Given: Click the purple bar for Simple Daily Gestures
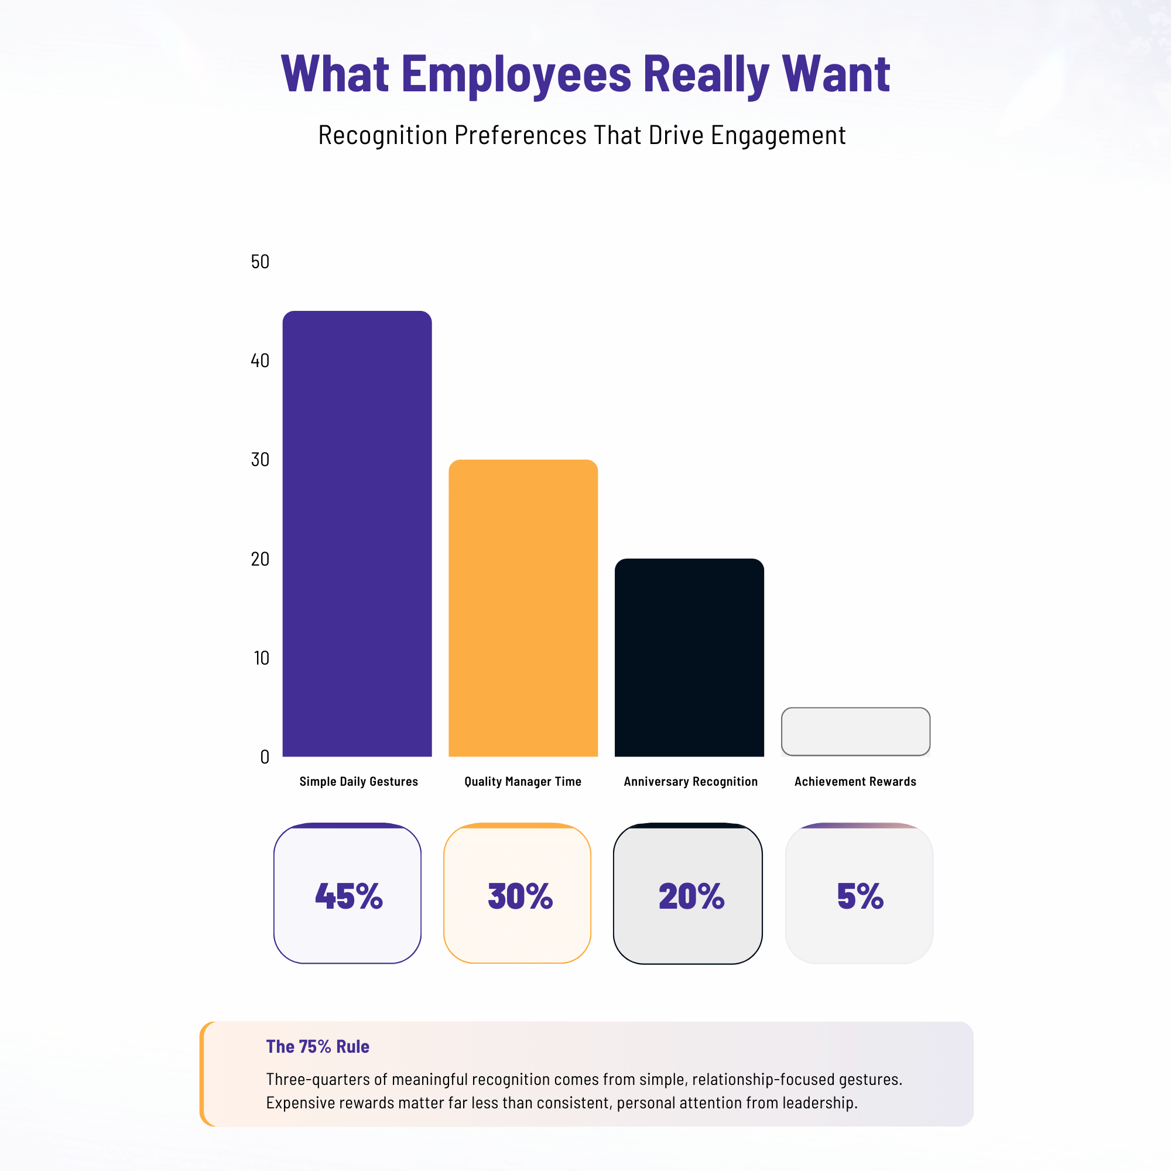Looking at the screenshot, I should [x=357, y=533].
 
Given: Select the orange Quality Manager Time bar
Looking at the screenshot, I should [x=523, y=608].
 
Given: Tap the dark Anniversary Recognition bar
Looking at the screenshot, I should [x=689, y=658].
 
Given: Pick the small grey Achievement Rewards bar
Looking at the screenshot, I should [x=855, y=731].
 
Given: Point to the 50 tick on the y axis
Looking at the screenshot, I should [x=260, y=261].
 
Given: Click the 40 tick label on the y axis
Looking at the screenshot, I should [x=260, y=361].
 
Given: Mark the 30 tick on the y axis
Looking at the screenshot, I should [x=260, y=460].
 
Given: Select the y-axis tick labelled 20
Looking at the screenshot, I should [x=260, y=559].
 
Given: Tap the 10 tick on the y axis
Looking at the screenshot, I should [x=261, y=658].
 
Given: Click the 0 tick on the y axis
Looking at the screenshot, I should [x=264, y=757].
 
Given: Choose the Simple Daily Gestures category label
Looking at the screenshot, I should [x=359, y=781].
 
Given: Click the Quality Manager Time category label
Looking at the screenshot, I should [x=523, y=781].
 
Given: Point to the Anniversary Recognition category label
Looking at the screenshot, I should [x=691, y=781].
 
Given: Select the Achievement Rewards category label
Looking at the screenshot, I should [x=855, y=781].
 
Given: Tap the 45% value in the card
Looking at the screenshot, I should [x=348, y=896].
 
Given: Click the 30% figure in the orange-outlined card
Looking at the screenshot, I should [x=520, y=896].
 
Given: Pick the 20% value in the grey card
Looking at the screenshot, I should [x=691, y=896].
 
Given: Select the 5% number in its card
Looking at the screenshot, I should [x=860, y=896].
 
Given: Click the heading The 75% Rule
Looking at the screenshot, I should [x=317, y=1047].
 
